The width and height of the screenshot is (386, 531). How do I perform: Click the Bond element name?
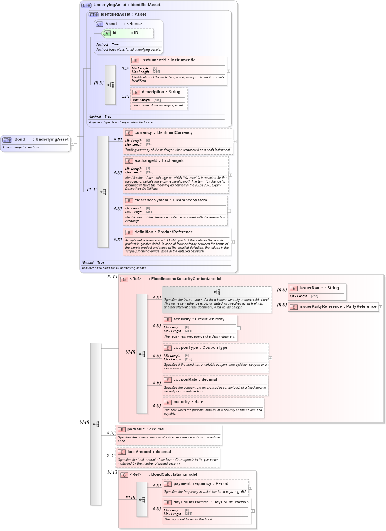(20, 139)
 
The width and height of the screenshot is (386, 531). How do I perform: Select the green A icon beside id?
(107, 33)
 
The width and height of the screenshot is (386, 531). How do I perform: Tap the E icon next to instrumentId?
(135, 60)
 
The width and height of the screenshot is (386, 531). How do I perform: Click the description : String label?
(161, 92)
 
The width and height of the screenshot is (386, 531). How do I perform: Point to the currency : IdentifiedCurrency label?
(163, 133)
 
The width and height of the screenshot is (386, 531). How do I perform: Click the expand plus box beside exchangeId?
(230, 175)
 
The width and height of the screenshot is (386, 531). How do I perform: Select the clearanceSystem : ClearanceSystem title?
(171, 200)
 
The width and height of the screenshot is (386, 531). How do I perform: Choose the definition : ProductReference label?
(163, 232)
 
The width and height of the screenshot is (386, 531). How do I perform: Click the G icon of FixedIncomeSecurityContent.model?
(124, 279)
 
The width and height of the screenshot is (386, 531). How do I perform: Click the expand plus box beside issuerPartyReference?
(380, 307)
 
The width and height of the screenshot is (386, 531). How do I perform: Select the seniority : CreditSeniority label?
(199, 319)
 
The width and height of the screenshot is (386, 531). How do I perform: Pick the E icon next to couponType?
(168, 348)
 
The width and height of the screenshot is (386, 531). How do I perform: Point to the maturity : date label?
(188, 402)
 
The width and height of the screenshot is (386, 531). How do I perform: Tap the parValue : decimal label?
(146, 429)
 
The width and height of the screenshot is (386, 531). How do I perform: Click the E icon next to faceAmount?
(122, 452)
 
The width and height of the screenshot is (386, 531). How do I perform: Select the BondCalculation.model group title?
(174, 475)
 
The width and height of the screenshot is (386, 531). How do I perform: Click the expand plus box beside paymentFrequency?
(250, 488)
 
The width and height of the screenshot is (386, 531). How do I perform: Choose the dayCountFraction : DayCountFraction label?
(211, 502)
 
